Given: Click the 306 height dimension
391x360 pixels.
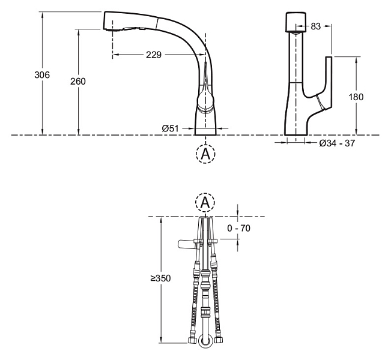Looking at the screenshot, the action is (x=42, y=75).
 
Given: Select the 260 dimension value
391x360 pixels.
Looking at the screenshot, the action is (x=78, y=81).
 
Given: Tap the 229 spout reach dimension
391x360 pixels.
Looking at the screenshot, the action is (x=154, y=55).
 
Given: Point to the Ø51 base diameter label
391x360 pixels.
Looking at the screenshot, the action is (x=171, y=128).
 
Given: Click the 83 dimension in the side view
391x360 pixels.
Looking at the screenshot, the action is (x=316, y=26).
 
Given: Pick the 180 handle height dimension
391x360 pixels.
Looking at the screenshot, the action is (x=356, y=97).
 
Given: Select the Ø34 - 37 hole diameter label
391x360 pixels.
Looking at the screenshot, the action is (x=337, y=143).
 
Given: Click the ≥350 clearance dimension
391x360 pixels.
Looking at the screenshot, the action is (x=160, y=278).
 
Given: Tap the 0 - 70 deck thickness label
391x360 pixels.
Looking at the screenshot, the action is (x=238, y=228).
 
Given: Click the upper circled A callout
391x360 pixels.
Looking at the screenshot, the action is (x=205, y=154).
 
